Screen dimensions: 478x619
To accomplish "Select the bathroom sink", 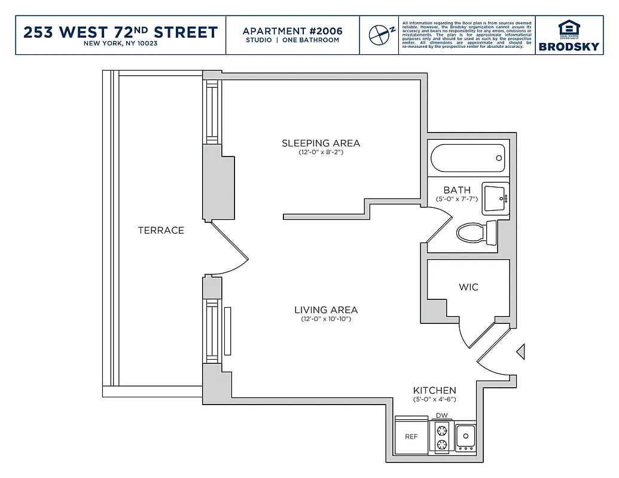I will click(x=495, y=198).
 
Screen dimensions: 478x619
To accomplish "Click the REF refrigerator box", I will click(x=411, y=437).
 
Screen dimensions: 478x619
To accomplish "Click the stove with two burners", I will click(x=442, y=436).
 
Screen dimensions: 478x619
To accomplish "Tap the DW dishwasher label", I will click(x=442, y=415).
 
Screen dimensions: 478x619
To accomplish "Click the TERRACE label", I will click(x=161, y=231).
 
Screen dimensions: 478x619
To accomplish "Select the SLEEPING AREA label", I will click(x=321, y=143).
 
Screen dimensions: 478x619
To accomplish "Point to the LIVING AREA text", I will click(x=326, y=310).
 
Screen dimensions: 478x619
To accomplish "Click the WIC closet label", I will click(x=468, y=287).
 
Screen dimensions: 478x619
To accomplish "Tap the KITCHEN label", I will click(x=434, y=390).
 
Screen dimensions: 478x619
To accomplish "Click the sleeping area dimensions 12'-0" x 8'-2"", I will click(x=321, y=152).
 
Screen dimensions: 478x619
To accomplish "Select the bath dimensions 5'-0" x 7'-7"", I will click(x=457, y=198).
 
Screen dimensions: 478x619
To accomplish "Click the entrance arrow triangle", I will click(x=521, y=352).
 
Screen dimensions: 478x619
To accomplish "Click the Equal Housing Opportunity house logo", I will click(x=568, y=29).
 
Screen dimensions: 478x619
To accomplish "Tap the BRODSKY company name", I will click(x=568, y=47).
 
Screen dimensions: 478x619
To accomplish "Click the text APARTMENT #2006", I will click(x=292, y=30).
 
